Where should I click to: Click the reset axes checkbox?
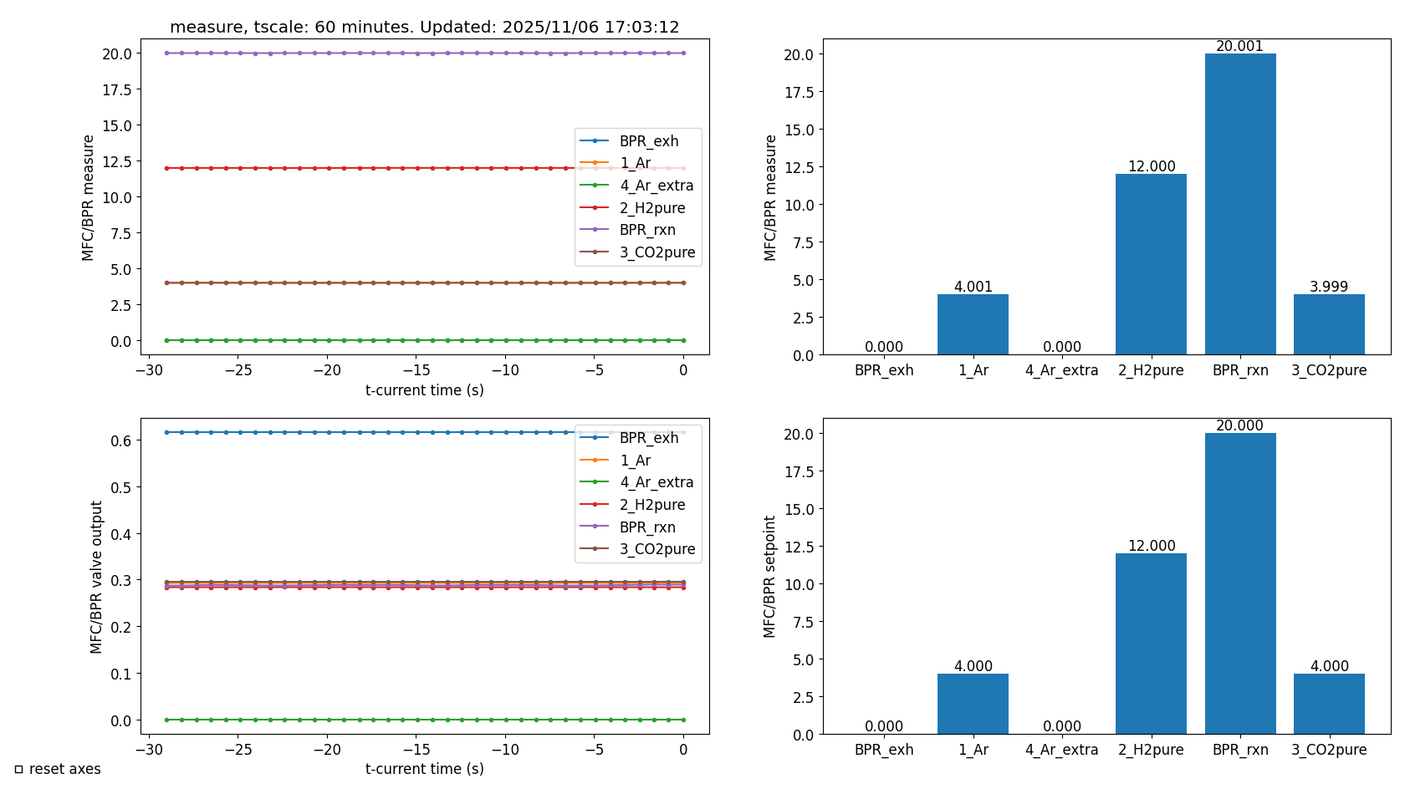(18, 769)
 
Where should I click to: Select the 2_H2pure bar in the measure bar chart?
(1151, 264)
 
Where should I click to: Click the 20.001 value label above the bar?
(1239, 46)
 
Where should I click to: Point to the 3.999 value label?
(1329, 287)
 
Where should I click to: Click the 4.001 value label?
(973, 287)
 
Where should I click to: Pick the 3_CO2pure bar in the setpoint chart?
(1329, 704)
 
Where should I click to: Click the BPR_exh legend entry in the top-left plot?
(648, 141)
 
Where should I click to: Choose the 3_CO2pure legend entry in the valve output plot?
(657, 549)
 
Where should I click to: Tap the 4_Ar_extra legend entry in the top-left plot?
(656, 186)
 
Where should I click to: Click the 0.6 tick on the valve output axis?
(121, 440)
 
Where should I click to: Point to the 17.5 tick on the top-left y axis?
(117, 89)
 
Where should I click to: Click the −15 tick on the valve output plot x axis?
(416, 750)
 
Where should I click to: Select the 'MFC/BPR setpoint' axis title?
(769, 577)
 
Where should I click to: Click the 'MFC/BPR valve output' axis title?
(96, 577)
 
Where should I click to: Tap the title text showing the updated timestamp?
(424, 27)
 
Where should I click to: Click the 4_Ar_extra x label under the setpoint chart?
(1061, 750)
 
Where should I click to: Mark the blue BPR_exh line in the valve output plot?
(376, 432)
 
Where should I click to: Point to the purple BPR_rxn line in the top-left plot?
(376, 53)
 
